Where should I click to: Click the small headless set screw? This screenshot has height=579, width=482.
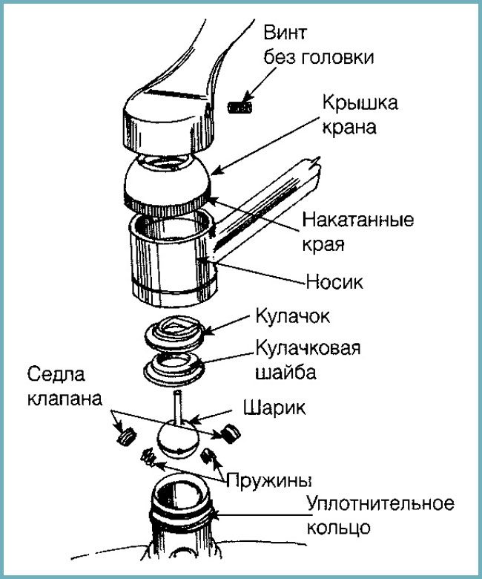(240, 108)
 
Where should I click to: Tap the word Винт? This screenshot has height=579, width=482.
(285, 33)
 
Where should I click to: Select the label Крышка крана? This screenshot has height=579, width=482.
(360, 115)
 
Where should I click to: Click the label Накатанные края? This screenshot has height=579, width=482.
(357, 232)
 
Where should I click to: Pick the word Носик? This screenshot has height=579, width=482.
(334, 283)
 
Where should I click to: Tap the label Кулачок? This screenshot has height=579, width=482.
(293, 316)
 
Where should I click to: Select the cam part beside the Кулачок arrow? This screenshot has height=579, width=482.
(174, 333)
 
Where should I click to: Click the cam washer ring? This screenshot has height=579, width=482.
(174, 369)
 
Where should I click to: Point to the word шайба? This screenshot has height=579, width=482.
(286, 372)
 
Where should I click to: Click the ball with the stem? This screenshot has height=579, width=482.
(178, 432)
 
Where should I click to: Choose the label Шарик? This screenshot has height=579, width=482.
(274, 408)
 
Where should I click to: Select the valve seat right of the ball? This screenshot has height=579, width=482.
(231, 434)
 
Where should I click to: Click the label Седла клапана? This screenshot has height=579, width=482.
(65, 386)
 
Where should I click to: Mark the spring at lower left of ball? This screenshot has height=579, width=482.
(148, 457)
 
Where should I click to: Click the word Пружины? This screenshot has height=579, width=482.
(269, 480)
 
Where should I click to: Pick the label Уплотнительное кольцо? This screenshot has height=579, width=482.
(380, 515)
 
